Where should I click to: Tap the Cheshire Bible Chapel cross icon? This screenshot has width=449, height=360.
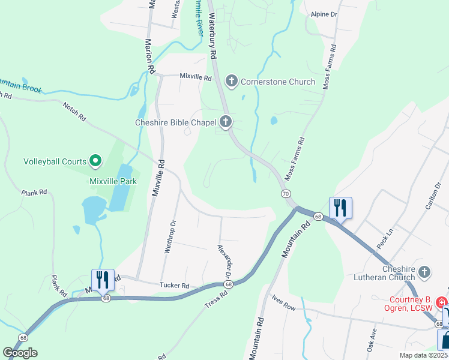[x=226, y=122]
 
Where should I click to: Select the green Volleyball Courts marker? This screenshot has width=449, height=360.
[x=95, y=160]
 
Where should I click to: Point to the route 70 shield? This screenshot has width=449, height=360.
[x=285, y=193]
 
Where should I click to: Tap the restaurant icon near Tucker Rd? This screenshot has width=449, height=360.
[x=103, y=280]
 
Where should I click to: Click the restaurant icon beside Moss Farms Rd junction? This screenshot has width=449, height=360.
[x=340, y=208]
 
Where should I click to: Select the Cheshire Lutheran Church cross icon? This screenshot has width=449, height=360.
[x=424, y=272]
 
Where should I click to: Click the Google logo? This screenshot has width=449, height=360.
[x=20, y=352]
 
